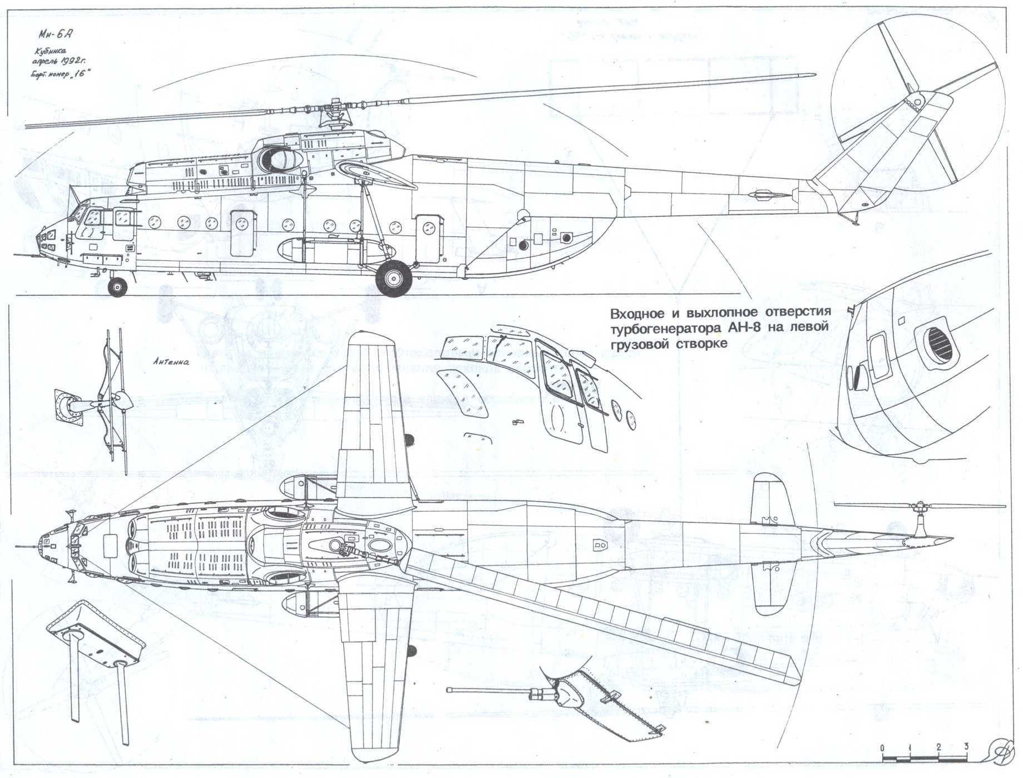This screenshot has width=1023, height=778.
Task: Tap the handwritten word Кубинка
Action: pyautogui.click(x=51, y=52)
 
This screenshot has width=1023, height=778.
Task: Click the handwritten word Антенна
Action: pyautogui.click(x=171, y=361)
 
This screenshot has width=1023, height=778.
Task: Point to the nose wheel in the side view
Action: pyautogui.click(x=117, y=287)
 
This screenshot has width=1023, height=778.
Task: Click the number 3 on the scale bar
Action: pyautogui.click(x=967, y=746)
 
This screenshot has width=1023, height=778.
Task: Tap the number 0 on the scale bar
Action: pyautogui.click(x=883, y=747)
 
